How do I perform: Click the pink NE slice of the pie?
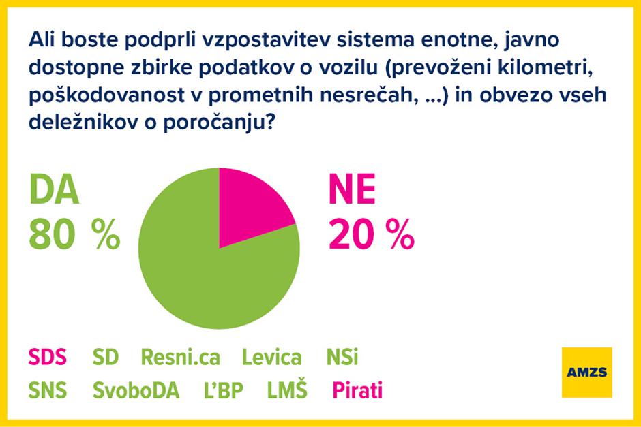pos(250,208)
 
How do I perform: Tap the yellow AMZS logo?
pos(586,372)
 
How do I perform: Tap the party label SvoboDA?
pos(136,391)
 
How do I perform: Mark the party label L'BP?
pos(221,391)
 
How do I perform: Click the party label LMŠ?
pos(287,391)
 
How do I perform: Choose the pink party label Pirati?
pos(357,391)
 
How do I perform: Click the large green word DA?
pos(54,191)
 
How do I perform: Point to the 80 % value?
pos(74,235)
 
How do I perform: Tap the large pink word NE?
pos(352,191)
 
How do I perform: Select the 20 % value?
pos(371,235)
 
